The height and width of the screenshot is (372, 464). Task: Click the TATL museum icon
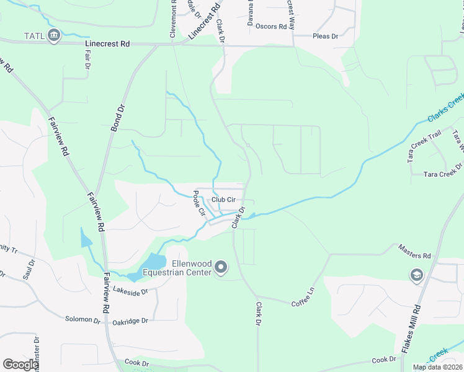click(x=54, y=36)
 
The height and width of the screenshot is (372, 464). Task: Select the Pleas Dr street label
click(x=326, y=37)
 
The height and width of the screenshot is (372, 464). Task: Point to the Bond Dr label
click(x=117, y=116)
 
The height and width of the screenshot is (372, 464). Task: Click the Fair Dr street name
click(x=87, y=58)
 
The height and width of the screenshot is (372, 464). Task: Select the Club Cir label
click(x=223, y=200)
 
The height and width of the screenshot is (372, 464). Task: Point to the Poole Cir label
click(x=199, y=203)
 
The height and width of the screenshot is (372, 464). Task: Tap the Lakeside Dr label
click(x=131, y=290)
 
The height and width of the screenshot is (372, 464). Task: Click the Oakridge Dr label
click(x=130, y=321)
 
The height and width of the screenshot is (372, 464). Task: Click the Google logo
click(x=20, y=365)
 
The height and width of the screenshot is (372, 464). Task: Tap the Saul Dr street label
click(x=29, y=269)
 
